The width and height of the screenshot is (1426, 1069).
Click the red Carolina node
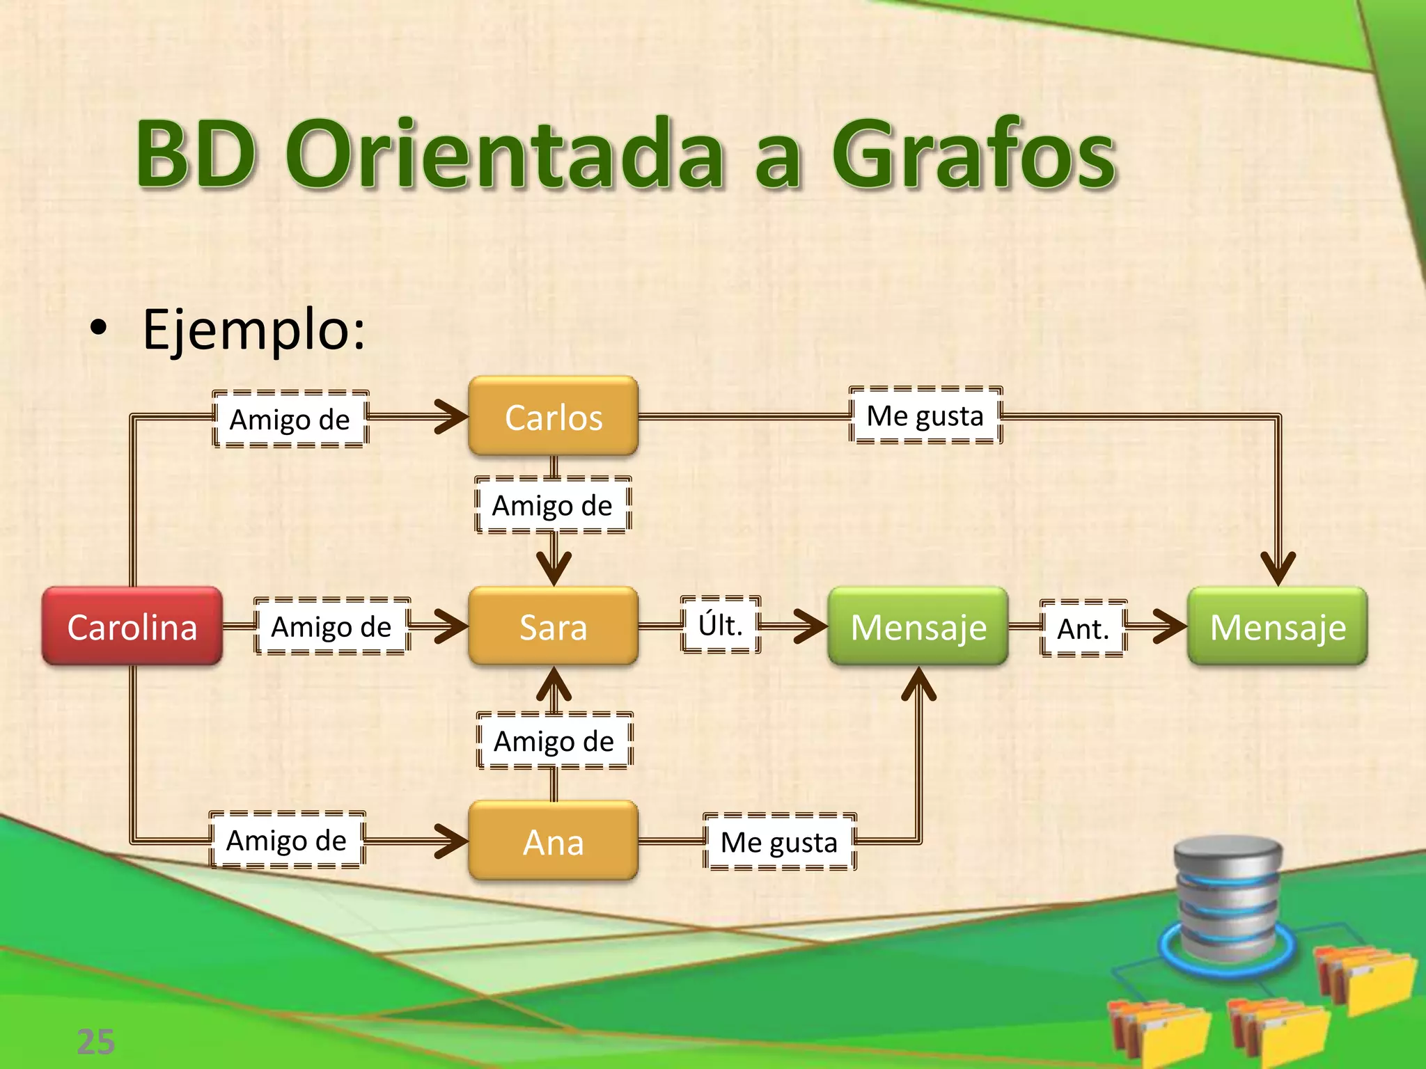tap(132, 626)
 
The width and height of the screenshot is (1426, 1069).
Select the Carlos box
tap(554, 417)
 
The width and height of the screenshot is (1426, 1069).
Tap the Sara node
tap(554, 626)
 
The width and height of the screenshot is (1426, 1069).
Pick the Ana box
tap(554, 841)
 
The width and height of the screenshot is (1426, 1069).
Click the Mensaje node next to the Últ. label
tap(918, 626)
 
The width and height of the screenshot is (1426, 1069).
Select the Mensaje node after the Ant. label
tap(1278, 626)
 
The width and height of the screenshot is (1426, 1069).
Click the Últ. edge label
tap(721, 624)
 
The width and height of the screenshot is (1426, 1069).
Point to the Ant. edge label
tap(1083, 628)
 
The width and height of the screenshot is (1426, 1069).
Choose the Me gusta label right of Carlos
tap(925, 415)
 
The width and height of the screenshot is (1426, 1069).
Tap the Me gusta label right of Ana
tap(779, 841)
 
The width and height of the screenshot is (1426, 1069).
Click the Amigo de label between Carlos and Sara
tap(553, 505)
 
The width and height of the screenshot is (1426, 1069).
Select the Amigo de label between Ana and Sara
tap(554, 741)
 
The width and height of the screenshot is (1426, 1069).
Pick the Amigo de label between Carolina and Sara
tap(331, 626)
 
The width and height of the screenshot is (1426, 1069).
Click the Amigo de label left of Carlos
tap(290, 419)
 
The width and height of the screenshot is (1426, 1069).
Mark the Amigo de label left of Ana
tap(287, 840)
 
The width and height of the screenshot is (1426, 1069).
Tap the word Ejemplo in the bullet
tap(253, 328)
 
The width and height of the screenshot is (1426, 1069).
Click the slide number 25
tap(96, 1042)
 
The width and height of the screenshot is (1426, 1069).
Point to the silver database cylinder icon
tap(1228, 898)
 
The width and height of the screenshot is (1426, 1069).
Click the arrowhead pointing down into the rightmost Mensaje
tap(1278, 567)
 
